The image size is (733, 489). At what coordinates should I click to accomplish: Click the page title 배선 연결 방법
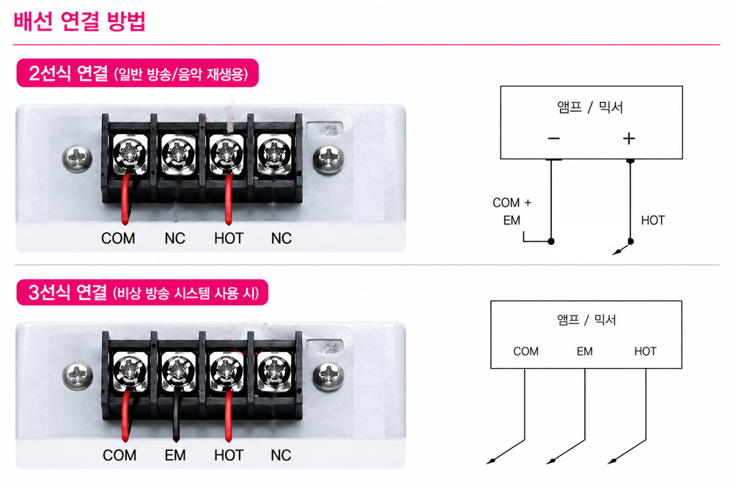pos(80,22)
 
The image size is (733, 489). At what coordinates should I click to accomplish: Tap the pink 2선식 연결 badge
pos(138,73)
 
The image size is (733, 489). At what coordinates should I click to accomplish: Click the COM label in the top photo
pos(118,238)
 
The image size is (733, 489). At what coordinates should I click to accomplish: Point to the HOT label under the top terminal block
pos(229,238)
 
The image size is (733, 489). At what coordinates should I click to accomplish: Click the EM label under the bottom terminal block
pos(175,455)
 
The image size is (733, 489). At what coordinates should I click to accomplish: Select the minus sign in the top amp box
pos(554,139)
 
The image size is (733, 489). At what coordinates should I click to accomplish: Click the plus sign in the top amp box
pos(629,139)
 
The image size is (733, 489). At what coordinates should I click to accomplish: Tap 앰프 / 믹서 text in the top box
pos(591,108)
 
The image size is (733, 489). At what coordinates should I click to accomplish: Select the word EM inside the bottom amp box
pos(584,351)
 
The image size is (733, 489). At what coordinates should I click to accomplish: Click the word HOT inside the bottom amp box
pos(645,351)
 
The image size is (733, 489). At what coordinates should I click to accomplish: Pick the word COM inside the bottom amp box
pos(526,351)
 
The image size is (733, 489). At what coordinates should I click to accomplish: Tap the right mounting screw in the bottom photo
pos(329,375)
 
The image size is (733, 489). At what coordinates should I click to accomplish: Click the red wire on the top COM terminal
pos(125,196)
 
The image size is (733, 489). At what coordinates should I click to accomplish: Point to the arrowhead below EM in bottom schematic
pos(550,462)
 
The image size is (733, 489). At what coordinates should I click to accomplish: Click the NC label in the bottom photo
pos(281,455)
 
